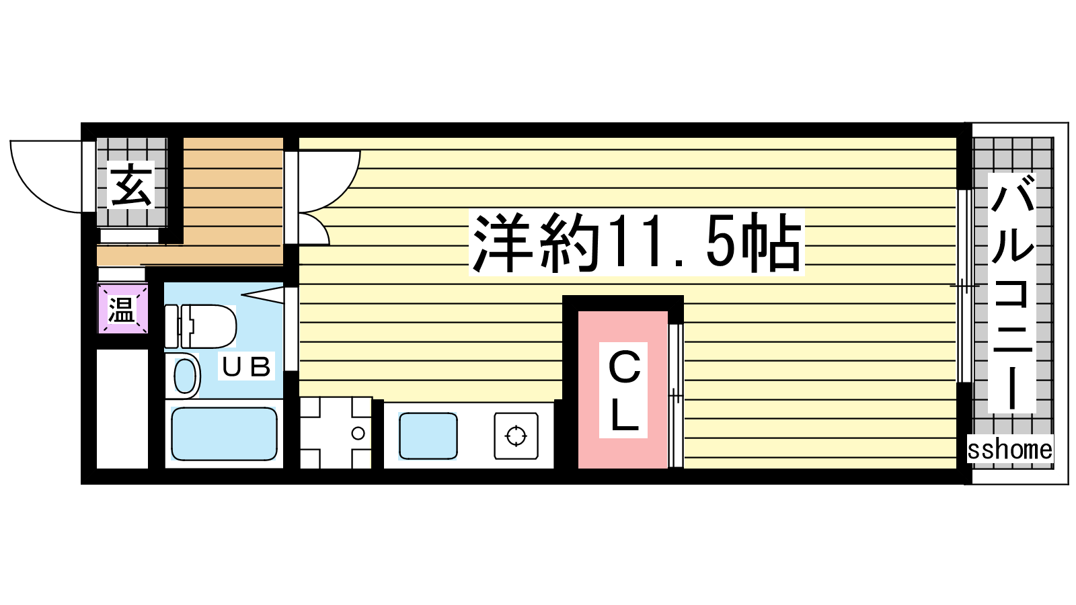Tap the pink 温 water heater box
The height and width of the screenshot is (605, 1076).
pos(123,309)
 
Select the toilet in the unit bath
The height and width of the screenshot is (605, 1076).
pos(200,325)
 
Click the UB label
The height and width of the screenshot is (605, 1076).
pos(246,367)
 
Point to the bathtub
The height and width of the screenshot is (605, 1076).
pos(224,434)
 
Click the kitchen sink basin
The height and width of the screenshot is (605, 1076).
pos(428,436)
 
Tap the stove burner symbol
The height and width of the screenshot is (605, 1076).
pos(516,436)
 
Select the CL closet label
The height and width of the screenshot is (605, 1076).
pos(623,390)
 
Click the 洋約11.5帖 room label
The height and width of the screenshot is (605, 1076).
pos(636,243)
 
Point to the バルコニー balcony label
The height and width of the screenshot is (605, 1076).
pos(1011,293)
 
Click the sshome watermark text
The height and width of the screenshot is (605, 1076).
pos(1009,450)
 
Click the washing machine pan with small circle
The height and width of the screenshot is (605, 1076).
pos(336,433)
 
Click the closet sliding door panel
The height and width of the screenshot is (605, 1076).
pos(676,395)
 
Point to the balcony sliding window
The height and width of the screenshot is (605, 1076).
pos(964,286)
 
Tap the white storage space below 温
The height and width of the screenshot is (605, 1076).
pos(122,409)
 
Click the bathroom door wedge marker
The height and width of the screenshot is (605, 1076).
pos(262,294)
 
